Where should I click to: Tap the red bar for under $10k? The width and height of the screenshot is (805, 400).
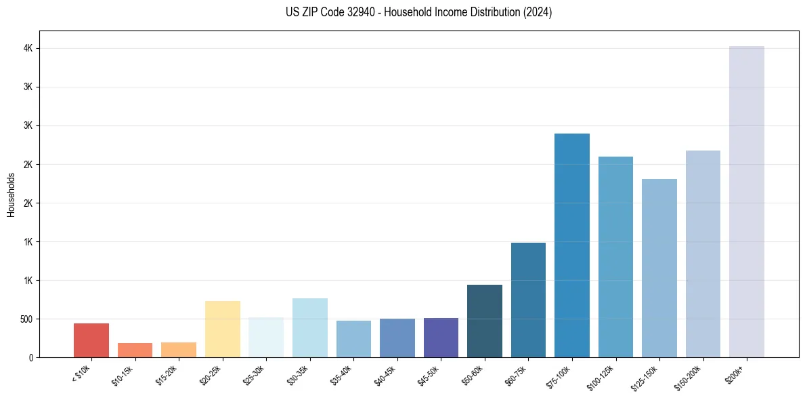(x=91, y=340)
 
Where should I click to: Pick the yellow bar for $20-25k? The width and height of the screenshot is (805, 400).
(x=223, y=329)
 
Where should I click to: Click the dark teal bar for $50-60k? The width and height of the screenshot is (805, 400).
(x=485, y=321)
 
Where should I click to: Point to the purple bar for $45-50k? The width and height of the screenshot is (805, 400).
(x=441, y=338)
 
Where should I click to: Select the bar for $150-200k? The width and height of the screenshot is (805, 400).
(x=703, y=254)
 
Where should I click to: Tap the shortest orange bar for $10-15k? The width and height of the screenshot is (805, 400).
(x=135, y=350)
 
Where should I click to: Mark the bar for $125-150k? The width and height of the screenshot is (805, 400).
(x=659, y=268)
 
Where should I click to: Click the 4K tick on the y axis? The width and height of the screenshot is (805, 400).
(x=28, y=49)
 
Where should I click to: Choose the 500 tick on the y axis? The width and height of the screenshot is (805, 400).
(x=25, y=319)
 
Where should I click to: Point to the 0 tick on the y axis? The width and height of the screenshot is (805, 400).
(x=31, y=358)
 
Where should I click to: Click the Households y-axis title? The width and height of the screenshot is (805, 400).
(x=12, y=194)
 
